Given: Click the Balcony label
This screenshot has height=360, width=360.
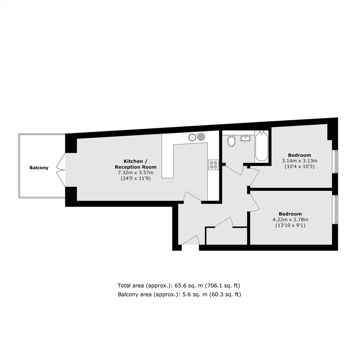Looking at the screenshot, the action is click(39, 168).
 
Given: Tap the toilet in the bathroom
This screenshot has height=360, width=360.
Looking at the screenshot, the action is click(231, 141).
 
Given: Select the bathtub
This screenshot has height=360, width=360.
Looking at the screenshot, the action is click(262, 146).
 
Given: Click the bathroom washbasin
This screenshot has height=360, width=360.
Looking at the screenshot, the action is click(245, 138).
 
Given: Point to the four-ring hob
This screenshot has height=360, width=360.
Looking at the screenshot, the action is click(213, 165).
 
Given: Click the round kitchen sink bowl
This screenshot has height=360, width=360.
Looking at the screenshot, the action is click(192, 137).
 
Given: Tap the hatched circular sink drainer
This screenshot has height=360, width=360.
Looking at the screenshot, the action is click(201, 137).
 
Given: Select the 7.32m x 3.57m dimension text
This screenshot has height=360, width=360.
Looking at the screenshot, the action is click(136, 173).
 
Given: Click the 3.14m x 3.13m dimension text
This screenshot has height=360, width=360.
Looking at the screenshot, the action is click(299, 161).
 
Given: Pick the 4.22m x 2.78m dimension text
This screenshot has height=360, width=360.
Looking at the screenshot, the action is click(290, 219).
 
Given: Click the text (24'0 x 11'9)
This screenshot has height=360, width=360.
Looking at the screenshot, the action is click(136, 178).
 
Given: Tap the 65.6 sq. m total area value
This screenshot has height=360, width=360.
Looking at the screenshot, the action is click(189, 286).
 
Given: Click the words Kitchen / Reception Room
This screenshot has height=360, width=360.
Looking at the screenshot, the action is click(136, 164).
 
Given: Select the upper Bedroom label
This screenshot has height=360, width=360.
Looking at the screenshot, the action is click(299, 155).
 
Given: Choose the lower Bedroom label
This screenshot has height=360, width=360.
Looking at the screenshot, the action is click(290, 214).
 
